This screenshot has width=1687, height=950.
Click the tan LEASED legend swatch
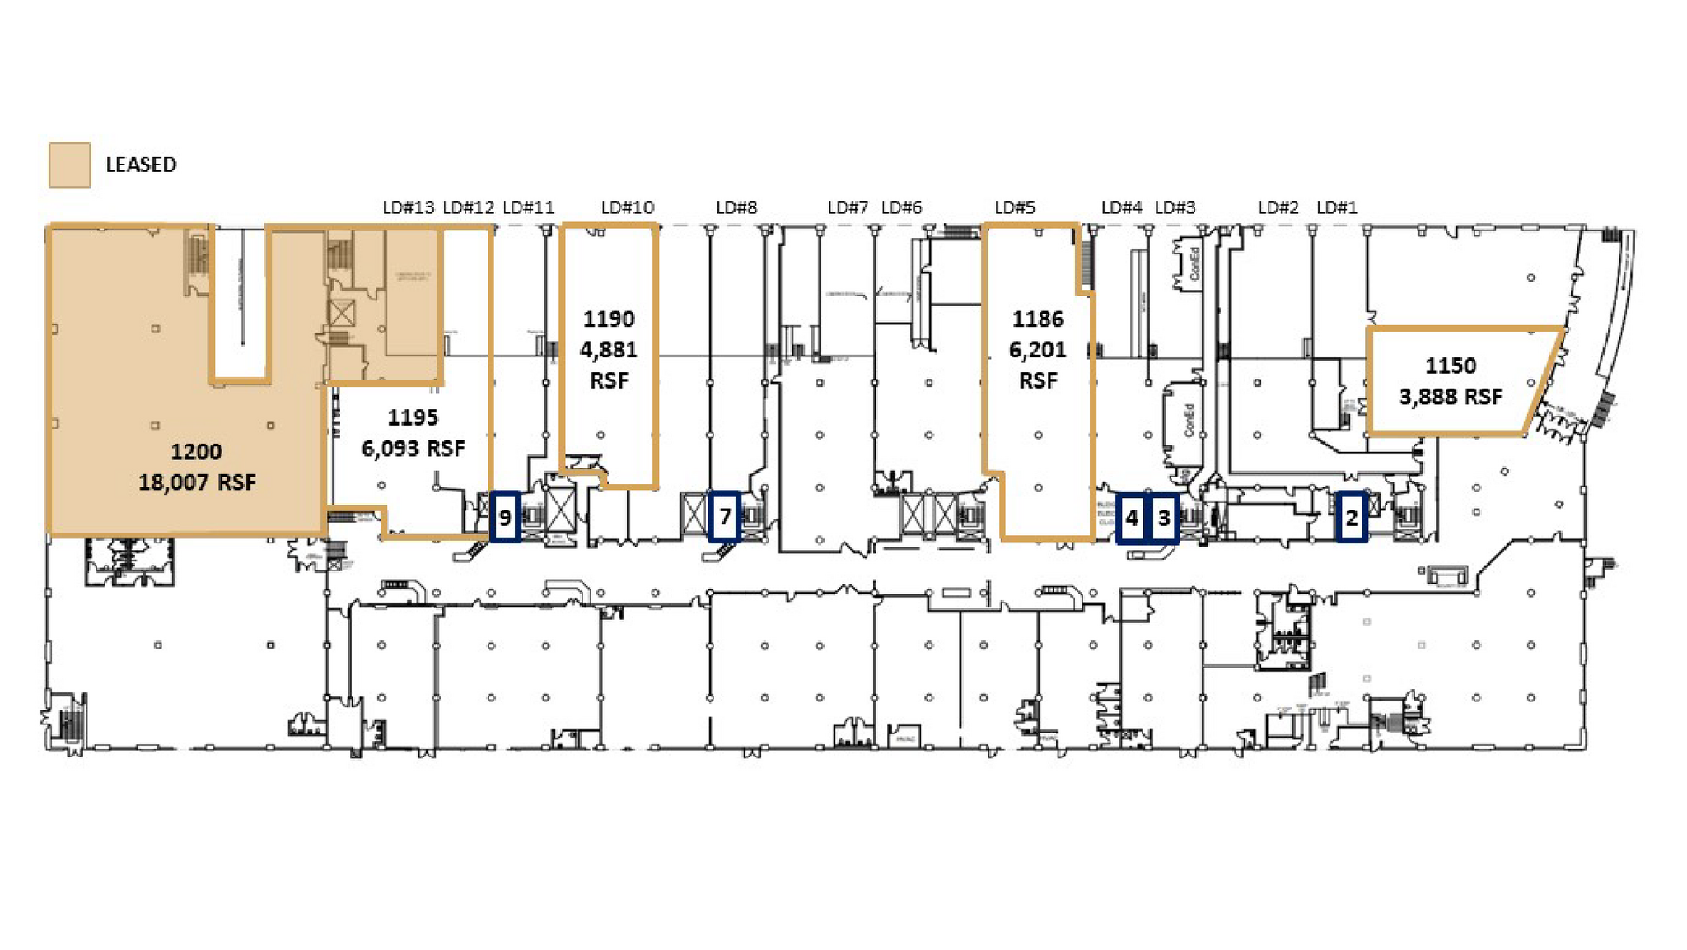click(69, 165)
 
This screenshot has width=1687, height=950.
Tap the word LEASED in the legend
click(141, 165)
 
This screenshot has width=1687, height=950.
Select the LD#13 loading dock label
click(408, 207)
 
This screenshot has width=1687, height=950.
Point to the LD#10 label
click(627, 207)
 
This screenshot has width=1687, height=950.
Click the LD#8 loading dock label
click(736, 207)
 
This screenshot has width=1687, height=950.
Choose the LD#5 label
click(1014, 207)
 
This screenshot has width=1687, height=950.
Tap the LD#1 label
click(1336, 207)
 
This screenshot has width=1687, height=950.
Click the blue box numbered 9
click(505, 517)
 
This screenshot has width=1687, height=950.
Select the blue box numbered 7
click(724, 516)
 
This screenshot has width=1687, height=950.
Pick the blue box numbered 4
click(1132, 518)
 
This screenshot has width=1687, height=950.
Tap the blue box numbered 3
click(1164, 518)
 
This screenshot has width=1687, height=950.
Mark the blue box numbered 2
click(1351, 518)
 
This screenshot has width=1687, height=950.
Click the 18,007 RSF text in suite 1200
click(197, 482)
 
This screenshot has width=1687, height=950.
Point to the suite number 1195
click(413, 417)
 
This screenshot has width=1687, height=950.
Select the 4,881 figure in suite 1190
click(609, 350)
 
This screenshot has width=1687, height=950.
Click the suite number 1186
click(1038, 319)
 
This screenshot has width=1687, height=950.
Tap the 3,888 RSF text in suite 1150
click(1451, 397)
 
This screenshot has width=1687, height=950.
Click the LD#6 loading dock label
click(901, 207)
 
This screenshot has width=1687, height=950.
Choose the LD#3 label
click(1175, 207)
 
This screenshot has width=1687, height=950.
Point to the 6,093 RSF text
click(413, 449)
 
